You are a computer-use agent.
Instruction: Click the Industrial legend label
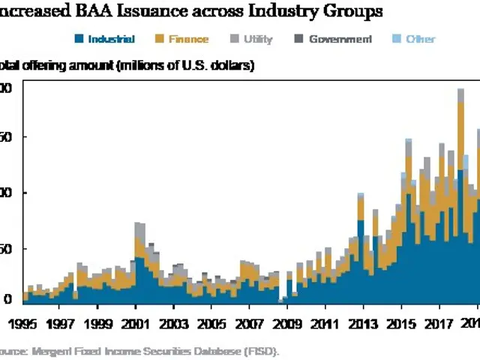pyautogui.click(x=110, y=39)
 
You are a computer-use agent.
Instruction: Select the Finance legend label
pyautogui.click(x=188, y=39)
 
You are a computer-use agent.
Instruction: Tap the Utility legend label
pyautogui.click(x=258, y=39)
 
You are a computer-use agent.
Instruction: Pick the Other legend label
pyautogui.click(x=421, y=39)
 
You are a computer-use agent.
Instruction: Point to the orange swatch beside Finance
pyautogui.click(x=160, y=39)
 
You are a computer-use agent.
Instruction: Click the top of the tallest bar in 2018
pyautogui.click(x=460, y=89)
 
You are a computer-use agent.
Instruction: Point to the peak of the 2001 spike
pyautogui.click(x=138, y=223)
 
